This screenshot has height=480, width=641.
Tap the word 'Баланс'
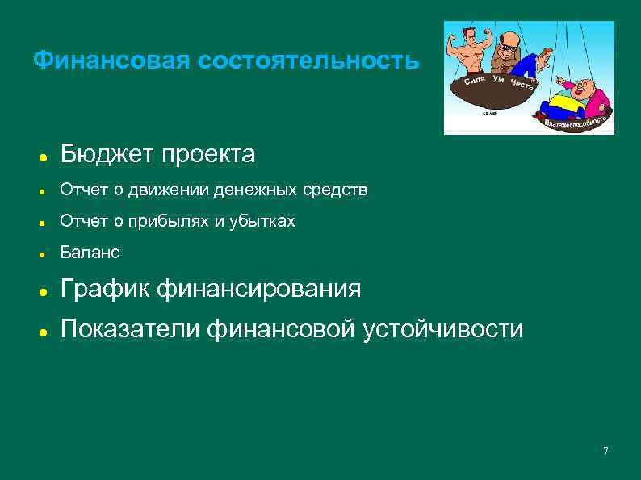tap(90, 253)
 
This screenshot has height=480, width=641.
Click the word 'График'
tap(107, 289)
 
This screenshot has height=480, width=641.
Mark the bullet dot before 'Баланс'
tap(41, 254)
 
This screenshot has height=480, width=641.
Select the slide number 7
tap(605, 450)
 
